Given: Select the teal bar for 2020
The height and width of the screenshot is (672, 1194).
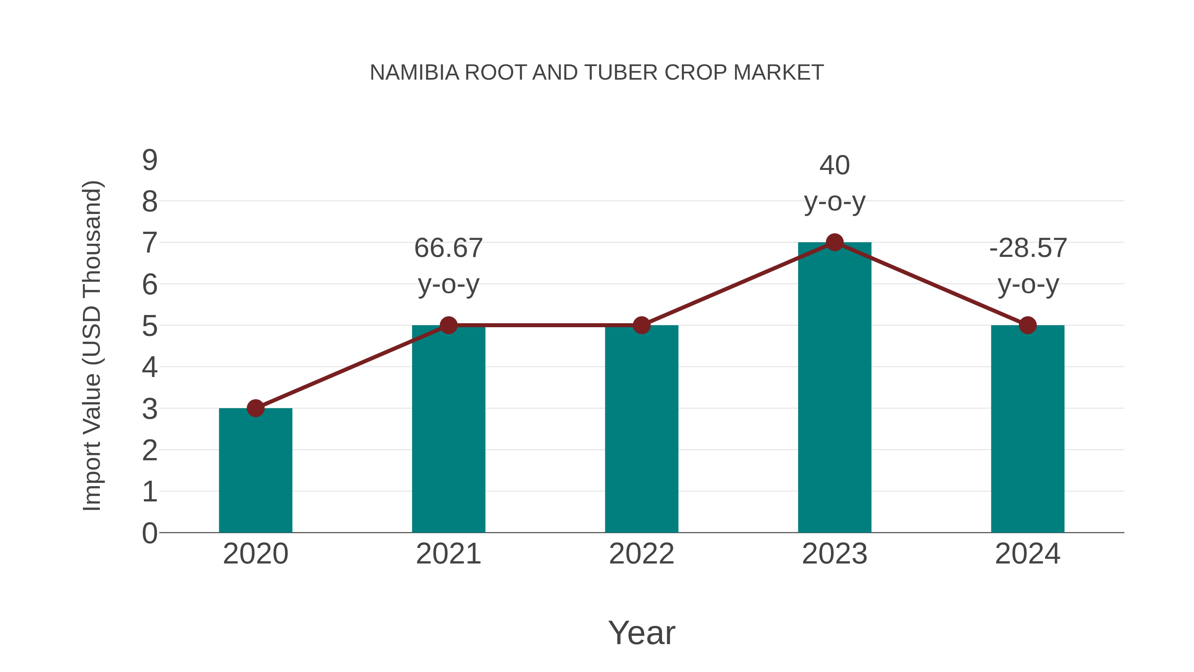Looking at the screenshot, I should click(x=255, y=471).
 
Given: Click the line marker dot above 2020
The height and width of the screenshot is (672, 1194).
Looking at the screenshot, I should click(x=255, y=408).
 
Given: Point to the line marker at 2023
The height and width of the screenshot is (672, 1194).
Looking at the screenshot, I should click(x=834, y=242).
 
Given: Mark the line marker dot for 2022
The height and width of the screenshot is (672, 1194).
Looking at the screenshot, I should click(x=641, y=325).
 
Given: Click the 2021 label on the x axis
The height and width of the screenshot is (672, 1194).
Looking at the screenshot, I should click(x=448, y=554).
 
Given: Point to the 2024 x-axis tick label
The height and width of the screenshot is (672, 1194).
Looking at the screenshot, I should click(x=1028, y=554).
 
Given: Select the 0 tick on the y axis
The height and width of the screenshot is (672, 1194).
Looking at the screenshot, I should click(x=150, y=533).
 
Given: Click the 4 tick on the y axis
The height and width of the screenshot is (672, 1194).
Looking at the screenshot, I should click(x=150, y=367).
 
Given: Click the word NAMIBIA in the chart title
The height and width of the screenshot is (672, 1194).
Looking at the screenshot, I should click(x=414, y=73).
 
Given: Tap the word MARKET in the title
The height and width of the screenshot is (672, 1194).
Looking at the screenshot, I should click(x=779, y=73).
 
